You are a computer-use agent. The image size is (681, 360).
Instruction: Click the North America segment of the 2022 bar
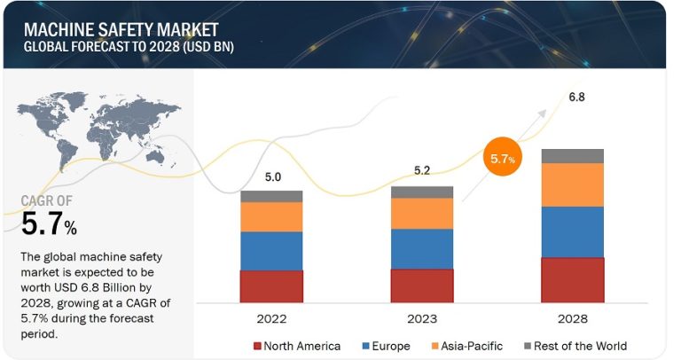(271, 286)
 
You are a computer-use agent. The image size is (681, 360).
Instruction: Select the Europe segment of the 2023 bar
(422, 248)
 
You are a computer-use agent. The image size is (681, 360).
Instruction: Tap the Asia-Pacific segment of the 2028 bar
(572, 184)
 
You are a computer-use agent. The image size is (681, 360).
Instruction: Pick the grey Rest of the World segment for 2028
(572, 156)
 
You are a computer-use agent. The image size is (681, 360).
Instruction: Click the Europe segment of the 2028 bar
(572, 231)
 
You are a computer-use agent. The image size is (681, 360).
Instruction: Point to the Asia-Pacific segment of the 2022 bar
(271, 216)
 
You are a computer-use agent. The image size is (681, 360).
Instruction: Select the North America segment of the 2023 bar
(422, 285)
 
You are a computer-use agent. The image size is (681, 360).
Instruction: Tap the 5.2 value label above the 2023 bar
(422, 170)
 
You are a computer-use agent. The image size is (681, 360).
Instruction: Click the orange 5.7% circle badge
(502, 159)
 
